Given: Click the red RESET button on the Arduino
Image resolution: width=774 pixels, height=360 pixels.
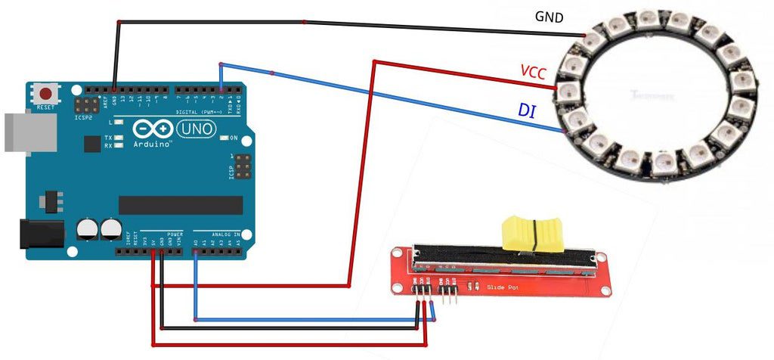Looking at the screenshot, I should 47,95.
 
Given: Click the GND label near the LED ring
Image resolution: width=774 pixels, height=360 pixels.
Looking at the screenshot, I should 549,17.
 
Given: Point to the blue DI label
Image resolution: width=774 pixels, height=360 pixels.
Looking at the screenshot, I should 527,110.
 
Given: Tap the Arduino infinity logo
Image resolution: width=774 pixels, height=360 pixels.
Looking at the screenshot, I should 153,129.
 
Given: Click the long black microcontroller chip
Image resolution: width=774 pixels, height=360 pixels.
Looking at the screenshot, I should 181,205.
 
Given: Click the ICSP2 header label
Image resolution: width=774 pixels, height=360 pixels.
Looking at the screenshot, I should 84,118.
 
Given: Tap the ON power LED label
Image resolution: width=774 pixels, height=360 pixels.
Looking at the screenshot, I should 234,138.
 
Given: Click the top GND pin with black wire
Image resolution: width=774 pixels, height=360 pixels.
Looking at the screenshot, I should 114,90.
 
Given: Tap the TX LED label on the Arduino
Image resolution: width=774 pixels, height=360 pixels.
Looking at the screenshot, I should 108,137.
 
